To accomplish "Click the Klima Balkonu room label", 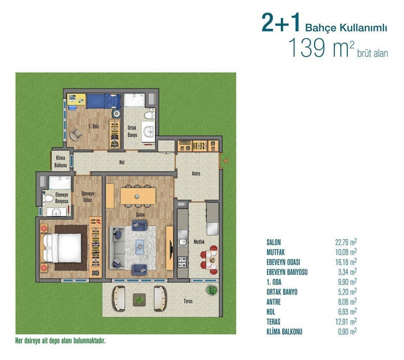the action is [60, 161].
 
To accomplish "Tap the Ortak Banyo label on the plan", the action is [132, 131].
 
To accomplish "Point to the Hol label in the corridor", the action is [122, 162].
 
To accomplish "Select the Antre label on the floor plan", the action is [196, 174].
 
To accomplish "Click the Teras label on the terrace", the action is [188, 301].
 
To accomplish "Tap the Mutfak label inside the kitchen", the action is [199, 242].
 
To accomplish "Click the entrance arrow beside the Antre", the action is [225, 161].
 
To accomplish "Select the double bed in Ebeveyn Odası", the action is [62, 248].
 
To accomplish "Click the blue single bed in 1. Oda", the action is [103, 101].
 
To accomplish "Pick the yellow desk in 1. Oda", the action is [76, 99].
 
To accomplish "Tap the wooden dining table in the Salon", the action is [138, 196].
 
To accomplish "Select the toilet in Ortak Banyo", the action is [149, 115].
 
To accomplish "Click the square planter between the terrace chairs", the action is [139, 300].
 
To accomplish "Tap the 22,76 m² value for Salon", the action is [346, 242].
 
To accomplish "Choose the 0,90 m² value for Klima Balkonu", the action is [347, 331].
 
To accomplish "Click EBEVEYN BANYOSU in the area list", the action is [287, 272].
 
